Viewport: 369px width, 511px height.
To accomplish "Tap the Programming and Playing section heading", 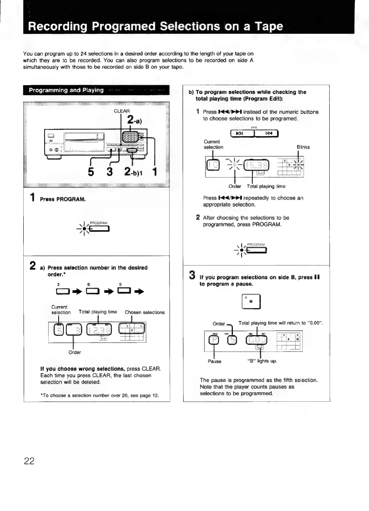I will tap(66, 90).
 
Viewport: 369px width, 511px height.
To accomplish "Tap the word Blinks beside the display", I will tap(303, 147).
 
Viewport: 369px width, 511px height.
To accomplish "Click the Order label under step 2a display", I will tap(75, 352).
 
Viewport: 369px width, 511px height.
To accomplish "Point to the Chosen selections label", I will tap(145, 312).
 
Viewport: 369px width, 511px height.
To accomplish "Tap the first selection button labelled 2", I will tap(59, 290).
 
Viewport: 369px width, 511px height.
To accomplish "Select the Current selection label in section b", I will tap(213, 144).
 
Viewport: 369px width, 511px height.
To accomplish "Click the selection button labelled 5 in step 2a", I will tap(120, 290).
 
